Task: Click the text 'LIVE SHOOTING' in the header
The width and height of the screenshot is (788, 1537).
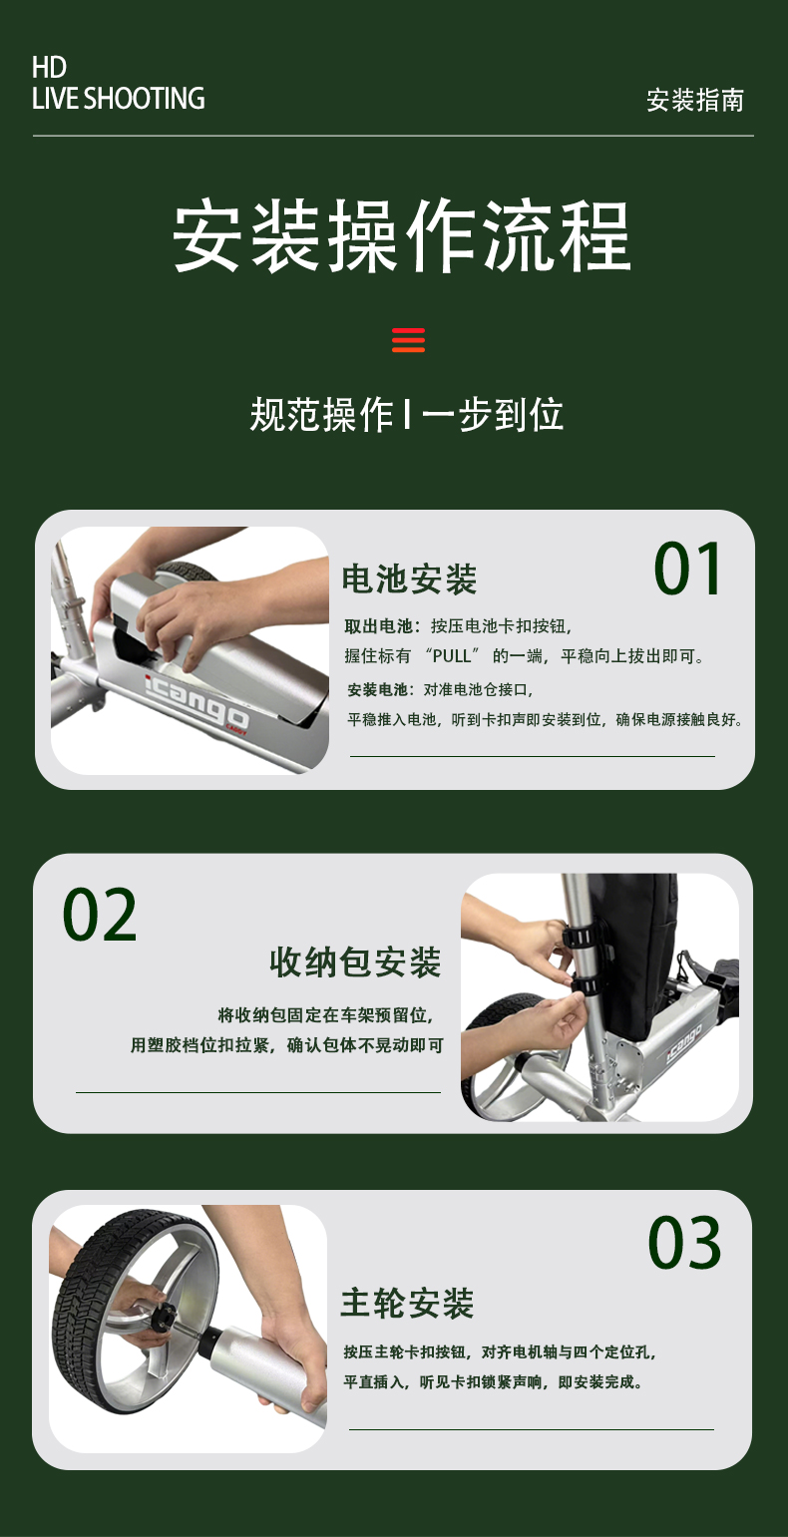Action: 118,98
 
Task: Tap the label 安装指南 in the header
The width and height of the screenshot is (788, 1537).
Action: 694,100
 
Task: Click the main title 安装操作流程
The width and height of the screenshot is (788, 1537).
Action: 401,235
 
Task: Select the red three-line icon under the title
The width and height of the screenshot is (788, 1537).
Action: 408,340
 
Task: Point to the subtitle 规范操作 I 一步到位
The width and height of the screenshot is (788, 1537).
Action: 406,415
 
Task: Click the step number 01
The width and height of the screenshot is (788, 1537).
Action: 687,569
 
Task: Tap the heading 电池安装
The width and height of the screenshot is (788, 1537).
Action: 409,578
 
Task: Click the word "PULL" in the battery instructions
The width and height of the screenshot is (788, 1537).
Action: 452,656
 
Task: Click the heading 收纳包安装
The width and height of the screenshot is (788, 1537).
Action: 355,961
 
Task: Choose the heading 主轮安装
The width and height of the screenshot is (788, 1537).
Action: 407,1303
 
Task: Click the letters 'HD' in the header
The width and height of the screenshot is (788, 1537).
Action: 50,67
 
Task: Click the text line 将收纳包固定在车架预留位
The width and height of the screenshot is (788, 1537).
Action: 325,1014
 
